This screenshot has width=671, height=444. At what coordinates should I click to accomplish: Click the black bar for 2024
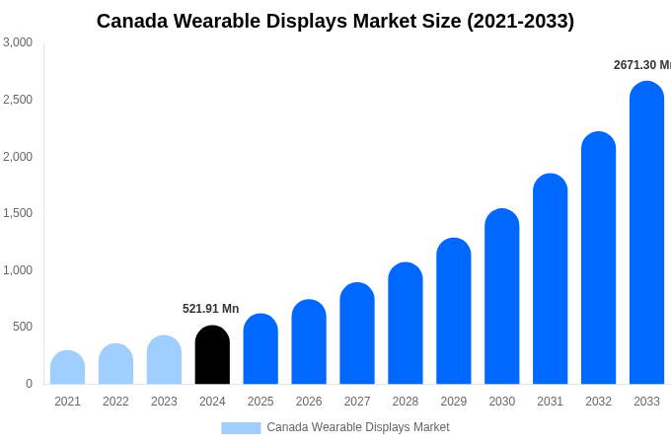point(212,355)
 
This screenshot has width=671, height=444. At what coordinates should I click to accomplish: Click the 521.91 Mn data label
point(210,309)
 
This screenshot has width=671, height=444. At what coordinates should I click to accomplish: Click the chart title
point(335,21)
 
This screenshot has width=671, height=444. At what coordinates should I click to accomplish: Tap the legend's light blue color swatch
point(241,428)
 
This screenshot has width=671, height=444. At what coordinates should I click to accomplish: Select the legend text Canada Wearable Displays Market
point(357,427)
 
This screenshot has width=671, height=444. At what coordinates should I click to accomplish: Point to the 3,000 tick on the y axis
point(18,42)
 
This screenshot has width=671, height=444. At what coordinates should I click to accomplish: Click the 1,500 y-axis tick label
point(18,213)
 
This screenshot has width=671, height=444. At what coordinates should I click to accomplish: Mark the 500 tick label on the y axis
point(22,327)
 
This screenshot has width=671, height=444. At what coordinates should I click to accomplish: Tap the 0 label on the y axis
point(29,384)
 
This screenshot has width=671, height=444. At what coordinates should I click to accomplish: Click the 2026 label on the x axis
point(309,402)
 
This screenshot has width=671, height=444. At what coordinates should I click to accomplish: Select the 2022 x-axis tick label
point(115,402)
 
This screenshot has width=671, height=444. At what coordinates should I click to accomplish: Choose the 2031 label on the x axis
point(550,402)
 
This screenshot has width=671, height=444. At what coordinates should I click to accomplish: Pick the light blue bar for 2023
point(164,360)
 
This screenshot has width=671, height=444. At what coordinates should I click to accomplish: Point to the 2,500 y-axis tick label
point(18,100)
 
